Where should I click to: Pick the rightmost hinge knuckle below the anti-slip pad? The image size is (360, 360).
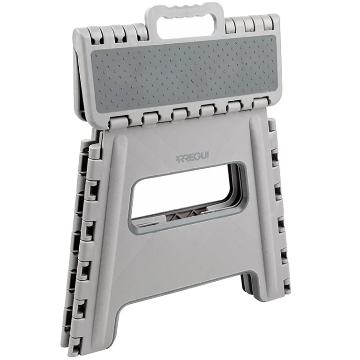261,103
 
